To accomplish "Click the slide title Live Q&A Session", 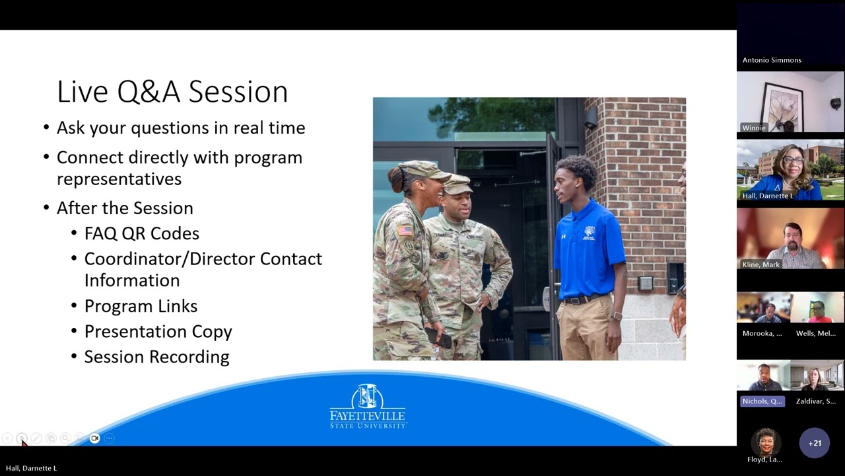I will [x=172, y=92].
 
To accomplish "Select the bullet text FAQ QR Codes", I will [x=141, y=233].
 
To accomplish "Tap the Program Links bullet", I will [x=141, y=306].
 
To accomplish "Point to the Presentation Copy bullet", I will [x=158, y=331].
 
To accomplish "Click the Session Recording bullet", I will [x=156, y=357].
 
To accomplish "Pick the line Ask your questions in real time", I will [x=180, y=128].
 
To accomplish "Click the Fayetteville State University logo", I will [x=368, y=407].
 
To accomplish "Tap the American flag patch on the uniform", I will [x=404, y=230].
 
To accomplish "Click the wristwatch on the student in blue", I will [x=616, y=316].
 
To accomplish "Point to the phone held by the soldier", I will [x=439, y=338].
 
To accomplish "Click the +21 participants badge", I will [x=814, y=443].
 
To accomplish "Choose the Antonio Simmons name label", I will [x=772, y=60].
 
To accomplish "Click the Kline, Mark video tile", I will [x=790, y=239].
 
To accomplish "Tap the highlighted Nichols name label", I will [x=762, y=401].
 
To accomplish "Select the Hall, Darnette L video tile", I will [x=790, y=170].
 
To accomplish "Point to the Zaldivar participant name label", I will [x=815, y=401].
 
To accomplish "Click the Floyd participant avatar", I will [x=765, y=441].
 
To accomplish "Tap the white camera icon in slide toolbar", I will [x=94, y=438].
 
